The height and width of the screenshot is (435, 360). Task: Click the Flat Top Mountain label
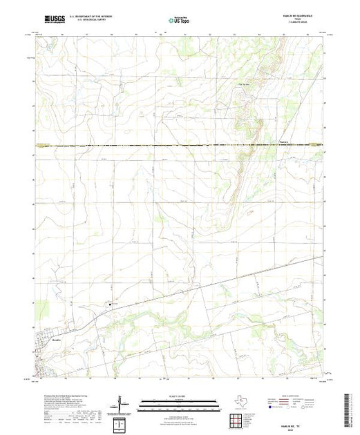point(243,86)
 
